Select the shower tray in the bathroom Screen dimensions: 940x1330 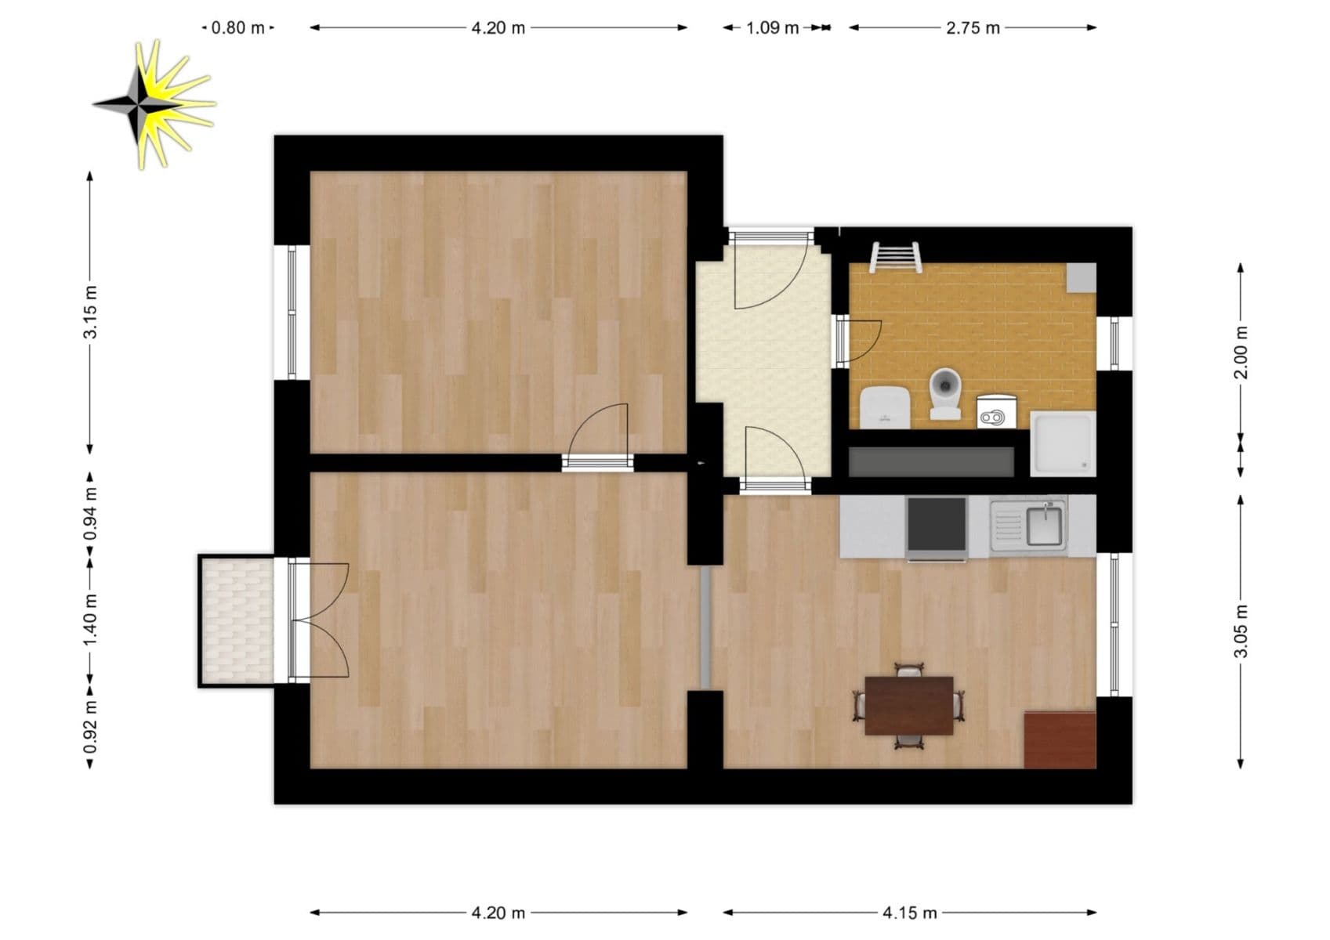[1063, 444]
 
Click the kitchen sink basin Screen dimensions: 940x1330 [1044, 526]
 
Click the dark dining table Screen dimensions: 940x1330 [908, 705]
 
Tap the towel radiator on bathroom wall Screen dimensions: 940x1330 [895, 256]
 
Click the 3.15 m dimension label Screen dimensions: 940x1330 [91, 312]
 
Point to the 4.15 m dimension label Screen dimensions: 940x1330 [909, 913]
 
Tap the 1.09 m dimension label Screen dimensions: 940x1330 [772, 28]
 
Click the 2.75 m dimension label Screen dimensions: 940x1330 [973, 28]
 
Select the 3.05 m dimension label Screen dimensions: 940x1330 [1241, 631]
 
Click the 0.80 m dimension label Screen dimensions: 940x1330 [238, 28]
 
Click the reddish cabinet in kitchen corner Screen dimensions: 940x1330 [1060, 739]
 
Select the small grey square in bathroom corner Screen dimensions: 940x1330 [1081, 277]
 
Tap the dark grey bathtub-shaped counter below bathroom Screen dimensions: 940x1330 [931, 462]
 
